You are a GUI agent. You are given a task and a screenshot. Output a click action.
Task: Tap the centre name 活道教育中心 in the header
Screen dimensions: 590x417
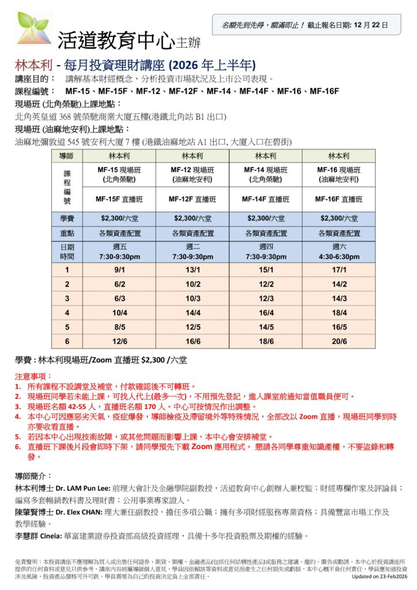click(115, 41)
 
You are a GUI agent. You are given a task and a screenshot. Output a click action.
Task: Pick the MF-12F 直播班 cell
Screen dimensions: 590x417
click(192, 199)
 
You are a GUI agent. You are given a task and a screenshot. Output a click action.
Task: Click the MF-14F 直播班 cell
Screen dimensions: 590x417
click(266, 199)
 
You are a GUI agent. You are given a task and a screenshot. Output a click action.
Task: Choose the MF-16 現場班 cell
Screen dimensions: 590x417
click(339, 175)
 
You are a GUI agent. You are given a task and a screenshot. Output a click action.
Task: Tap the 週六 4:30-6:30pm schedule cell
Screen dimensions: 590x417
click(339, 251)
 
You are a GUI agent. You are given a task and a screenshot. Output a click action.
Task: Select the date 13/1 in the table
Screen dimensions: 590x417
click(192, 270)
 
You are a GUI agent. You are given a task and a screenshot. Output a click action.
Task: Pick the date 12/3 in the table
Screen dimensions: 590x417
click(266, 298)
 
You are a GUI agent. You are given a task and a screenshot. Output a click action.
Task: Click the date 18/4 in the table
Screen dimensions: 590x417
click(339, 313)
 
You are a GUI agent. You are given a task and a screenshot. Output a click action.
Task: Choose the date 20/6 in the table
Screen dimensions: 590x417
click(339, 342)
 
